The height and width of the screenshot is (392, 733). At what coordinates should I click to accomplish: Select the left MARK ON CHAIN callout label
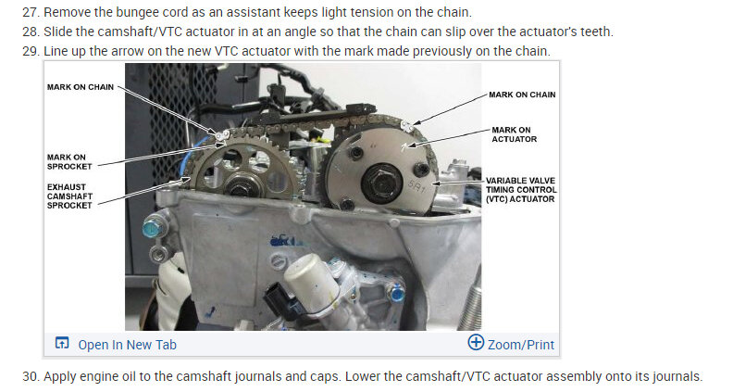tap(81, 87)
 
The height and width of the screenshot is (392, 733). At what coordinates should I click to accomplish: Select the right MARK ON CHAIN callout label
tap(522, 95)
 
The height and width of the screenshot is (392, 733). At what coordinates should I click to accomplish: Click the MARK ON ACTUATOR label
tap(515, 134)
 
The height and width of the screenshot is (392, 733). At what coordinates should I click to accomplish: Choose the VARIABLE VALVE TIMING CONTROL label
tap(521, 186)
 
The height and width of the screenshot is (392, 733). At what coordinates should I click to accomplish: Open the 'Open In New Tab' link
tap(127, 345)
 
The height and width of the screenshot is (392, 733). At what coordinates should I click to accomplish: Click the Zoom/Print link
tap(521, 345)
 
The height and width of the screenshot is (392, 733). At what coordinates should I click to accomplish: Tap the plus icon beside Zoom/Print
tap(476, 344)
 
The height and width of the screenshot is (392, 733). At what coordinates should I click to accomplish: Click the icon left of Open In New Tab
tap(62, 345)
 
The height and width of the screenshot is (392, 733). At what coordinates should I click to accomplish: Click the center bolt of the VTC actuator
tap(381, 177)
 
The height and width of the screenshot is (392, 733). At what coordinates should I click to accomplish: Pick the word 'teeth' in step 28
tap(596, 31)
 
